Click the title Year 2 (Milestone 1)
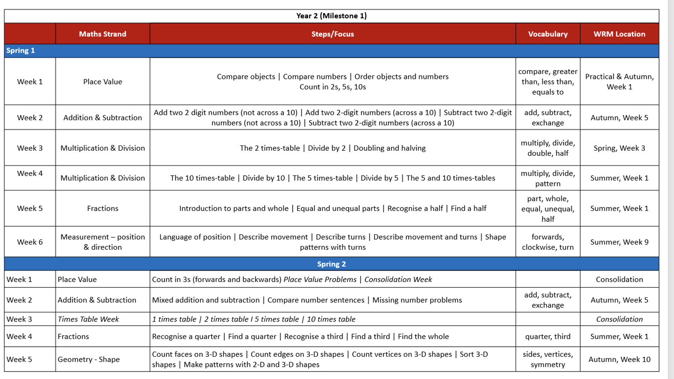click(331, 16)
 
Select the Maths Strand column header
click(102, 34)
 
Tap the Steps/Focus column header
click(333, 34)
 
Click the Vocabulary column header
click(548, 34)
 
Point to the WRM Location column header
click(619, 34)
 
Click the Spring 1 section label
click(20, 51)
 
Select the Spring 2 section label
click(331, 264)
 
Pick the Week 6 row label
click(30, 242)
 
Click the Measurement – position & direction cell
click(102, 242)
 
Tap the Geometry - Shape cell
click(89, 359)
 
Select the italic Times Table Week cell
click(88, 319)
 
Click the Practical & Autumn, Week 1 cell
click(619, 81)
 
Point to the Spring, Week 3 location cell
click(619, 148)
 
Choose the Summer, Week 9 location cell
click(619, 242)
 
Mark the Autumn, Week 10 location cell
click(619, 359)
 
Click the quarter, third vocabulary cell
click(548, 336)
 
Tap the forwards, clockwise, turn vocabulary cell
click(548, 242)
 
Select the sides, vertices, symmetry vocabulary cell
click(548, 359)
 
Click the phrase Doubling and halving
click(390, 148)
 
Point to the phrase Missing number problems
click(417, 300)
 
